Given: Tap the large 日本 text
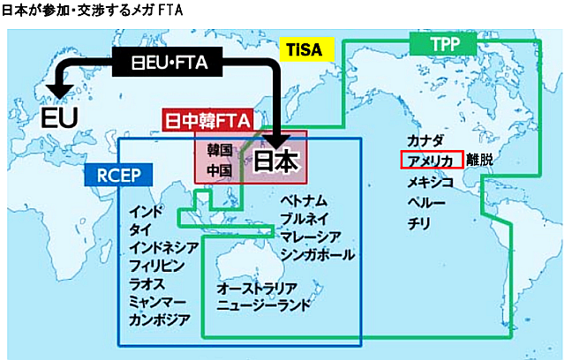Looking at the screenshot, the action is (278, 161).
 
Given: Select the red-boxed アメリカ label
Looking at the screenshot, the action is (431, 161).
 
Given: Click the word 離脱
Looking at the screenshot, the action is (480, 161).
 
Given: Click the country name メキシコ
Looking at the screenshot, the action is (431, 182).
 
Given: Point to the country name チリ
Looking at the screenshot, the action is (419, 223).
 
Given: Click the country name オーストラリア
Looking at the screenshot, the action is (257, 289).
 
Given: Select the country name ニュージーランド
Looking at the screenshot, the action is (264, 306).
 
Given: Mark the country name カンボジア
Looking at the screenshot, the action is (159, 319).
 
